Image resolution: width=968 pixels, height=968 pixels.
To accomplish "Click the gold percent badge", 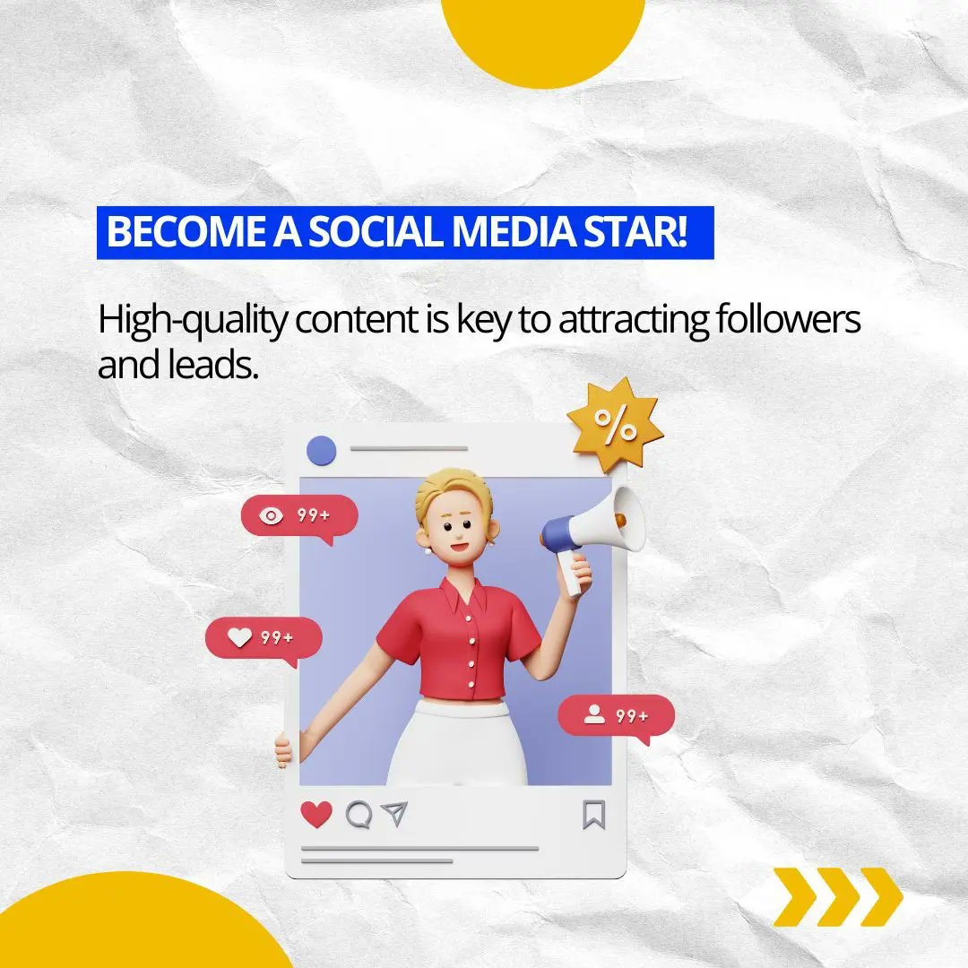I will [615, 428].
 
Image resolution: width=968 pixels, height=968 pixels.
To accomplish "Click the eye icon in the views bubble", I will [271, 515].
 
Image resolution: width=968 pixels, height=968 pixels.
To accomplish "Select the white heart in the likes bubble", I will [239, 637].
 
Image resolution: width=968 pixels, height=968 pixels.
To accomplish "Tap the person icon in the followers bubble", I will [593, 714].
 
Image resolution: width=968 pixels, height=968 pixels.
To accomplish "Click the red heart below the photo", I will [315, 814].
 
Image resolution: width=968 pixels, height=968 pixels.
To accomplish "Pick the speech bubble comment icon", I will [359, 814].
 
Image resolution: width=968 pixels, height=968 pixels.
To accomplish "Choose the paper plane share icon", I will [393, 814].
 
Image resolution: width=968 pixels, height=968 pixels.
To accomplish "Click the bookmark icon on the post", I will [593, 815].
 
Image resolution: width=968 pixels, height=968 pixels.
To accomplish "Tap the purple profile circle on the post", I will [321, 450].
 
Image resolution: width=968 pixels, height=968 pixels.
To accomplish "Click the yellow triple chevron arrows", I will [838, 896].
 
